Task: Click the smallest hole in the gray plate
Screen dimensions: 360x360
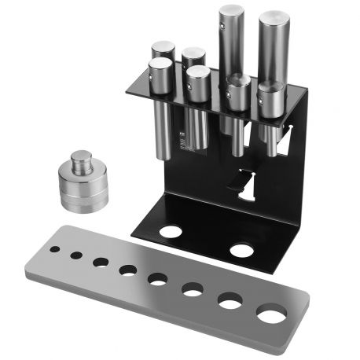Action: pos(56,248)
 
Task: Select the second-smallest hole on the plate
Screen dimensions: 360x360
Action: pos(76,255)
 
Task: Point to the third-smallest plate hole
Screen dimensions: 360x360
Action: pos(101,262)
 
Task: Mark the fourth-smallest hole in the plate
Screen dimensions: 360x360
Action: pos(127,270)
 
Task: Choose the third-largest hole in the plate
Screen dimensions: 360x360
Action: pos(193,290)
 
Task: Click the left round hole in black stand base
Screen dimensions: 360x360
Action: pos(171,233)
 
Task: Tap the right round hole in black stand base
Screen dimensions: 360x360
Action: pos(241,251)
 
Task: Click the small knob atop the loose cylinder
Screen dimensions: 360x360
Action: pos(81,162)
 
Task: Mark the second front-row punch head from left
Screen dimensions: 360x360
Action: pos(199,73)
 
